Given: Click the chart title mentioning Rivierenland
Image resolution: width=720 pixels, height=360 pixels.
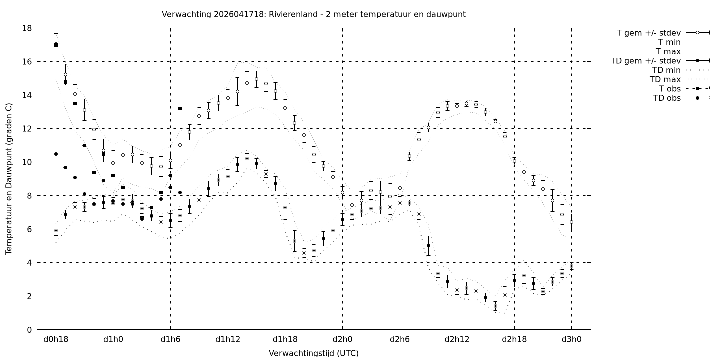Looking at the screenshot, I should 313,14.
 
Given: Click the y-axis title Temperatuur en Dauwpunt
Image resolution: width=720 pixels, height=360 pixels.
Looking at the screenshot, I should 9,179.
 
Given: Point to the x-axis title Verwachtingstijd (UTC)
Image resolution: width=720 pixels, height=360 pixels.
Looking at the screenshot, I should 313,353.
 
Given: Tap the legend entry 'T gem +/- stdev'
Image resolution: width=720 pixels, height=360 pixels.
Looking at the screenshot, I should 648,33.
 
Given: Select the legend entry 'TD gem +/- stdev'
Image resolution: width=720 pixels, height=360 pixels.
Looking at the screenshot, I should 645,61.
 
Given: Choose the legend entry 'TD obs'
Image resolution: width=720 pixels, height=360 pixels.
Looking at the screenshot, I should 667,98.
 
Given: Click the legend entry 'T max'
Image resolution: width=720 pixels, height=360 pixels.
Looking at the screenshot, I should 668,51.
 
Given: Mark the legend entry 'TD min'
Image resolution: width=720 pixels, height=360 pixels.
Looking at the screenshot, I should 666,70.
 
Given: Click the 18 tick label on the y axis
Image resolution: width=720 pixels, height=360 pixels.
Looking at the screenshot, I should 27,28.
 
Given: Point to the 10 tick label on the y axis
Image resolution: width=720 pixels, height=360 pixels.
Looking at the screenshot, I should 27,162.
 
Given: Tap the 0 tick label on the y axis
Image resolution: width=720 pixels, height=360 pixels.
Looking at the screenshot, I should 30,330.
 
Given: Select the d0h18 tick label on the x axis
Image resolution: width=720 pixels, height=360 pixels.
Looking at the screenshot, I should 55,340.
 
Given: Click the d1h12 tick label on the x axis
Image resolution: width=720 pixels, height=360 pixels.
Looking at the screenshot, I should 228,340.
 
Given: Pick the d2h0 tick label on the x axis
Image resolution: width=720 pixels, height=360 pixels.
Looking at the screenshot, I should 342,340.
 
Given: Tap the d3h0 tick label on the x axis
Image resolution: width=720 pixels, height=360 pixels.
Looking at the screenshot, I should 571,340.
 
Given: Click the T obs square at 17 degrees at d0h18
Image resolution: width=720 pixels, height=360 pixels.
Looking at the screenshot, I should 56,45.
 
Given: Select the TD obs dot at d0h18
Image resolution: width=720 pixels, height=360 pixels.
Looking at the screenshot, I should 56,154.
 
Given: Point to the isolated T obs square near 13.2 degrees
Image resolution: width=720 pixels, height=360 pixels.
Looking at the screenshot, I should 180,108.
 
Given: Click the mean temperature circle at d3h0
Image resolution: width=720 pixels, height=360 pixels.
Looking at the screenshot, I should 571,222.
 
